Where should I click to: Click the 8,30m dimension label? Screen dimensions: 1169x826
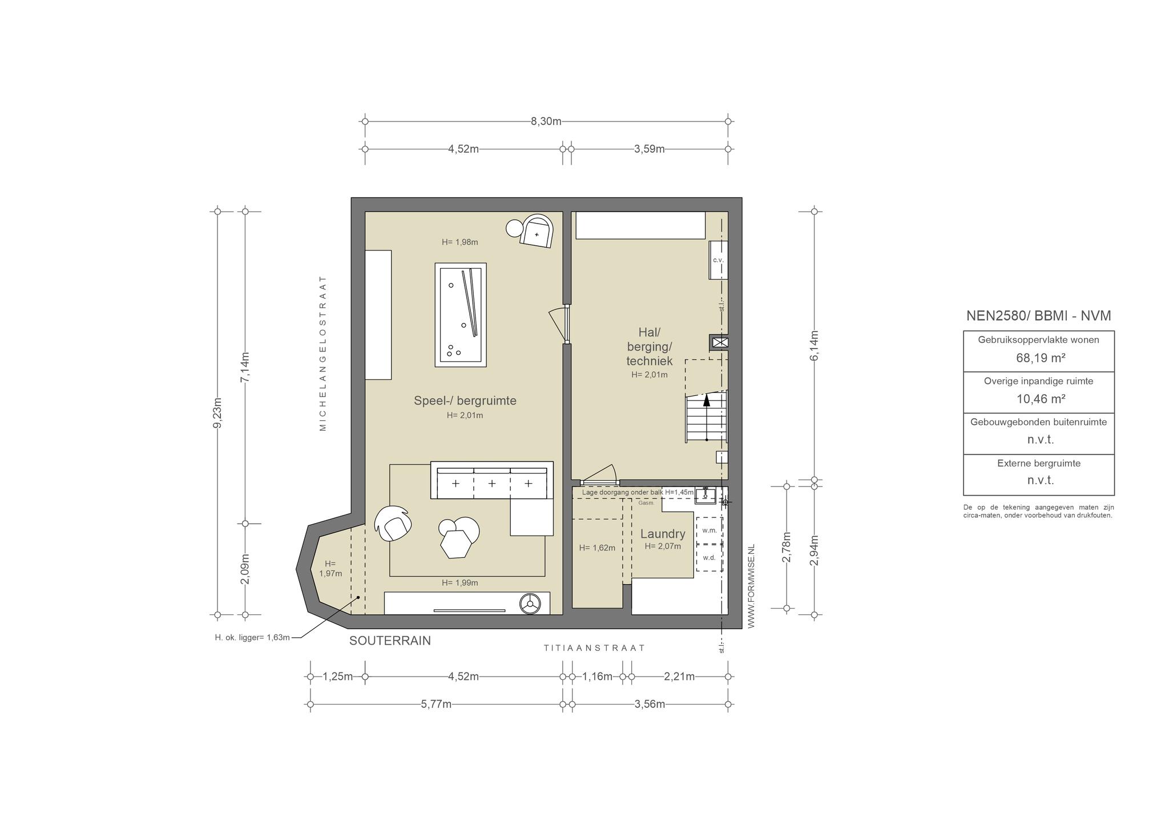pyautogui.click(x=546, y=121)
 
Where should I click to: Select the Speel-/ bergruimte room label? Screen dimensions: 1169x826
pyautogui.click(x=465, y=400)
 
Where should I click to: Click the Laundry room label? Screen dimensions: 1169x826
pyautogui.click(x=663, y=534)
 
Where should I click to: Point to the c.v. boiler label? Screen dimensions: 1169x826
pyautogui.click(x=718, y=260)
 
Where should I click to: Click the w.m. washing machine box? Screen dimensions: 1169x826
pyautogui.click(x=709, y=530)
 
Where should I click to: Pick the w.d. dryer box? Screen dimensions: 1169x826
pyautogui.click(x=709, y=557)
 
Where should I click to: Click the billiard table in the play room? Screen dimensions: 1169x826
pyautogui.click(x=461, y=315)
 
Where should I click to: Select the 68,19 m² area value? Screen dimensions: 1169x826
pyautogui.click(x=1038, y=358)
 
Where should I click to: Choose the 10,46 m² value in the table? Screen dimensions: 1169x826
pyautogui.click(x=1038, y=399)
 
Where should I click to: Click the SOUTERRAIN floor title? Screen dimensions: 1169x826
pyautogui.click(x=390, y=641)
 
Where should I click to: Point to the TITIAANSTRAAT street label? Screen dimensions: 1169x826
pyautogui.click(x=594, y=648)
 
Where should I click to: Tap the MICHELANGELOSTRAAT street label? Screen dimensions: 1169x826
pyautogui.click(x=323, y=353)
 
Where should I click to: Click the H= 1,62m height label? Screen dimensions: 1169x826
pyautogui.click(x=597, y=548)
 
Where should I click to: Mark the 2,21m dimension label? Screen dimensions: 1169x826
pyautogui.click(x=679, y=677)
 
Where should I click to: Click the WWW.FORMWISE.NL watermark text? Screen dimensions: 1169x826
pyautogui.click(x=751, y=586)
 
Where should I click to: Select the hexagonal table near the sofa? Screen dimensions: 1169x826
pyautogui.click(x=455, y=544)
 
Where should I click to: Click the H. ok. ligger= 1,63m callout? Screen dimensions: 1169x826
pyautogui.click(x=252, y=637)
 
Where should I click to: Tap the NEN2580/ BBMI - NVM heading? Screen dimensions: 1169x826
pyautogui.click(x=1038, y=315)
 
